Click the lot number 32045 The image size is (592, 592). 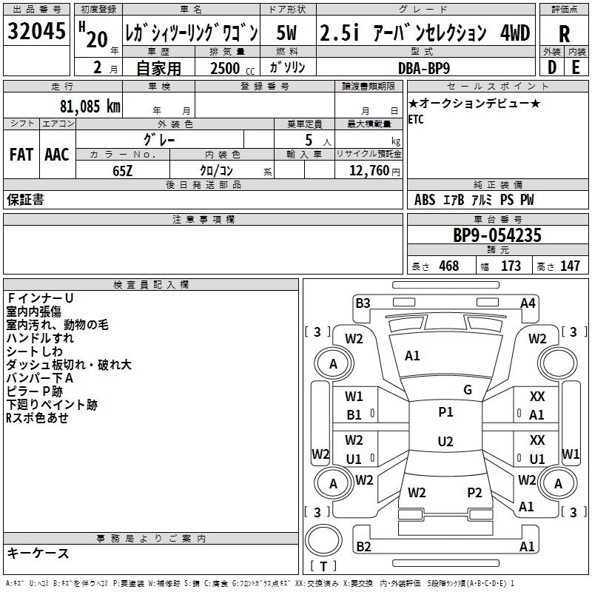(x=36, y=31)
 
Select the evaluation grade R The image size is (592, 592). (x=564, y=33)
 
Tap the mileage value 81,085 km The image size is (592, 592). (x=84, y=106)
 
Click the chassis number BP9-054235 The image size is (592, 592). (x=497, y=235)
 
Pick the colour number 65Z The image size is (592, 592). (x=123, y=169)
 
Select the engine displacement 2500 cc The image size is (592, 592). (x=226, y=68)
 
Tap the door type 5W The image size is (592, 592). (x=287, y=33)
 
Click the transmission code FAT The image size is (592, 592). (x=21, y=155)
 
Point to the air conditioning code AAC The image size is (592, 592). (x=56, y=155)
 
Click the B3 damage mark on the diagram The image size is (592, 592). (x=363, y=303)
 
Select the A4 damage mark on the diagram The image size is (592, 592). (x=528, y=303)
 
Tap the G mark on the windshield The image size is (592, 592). (x=467, y=390)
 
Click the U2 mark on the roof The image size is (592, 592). (x=445, y=442)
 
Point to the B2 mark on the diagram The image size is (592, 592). (x=363, y=547)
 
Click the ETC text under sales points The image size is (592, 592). (x=416, y=120)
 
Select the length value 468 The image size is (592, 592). (x=448, y=266)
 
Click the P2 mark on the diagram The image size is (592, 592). (x=474, y=492)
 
